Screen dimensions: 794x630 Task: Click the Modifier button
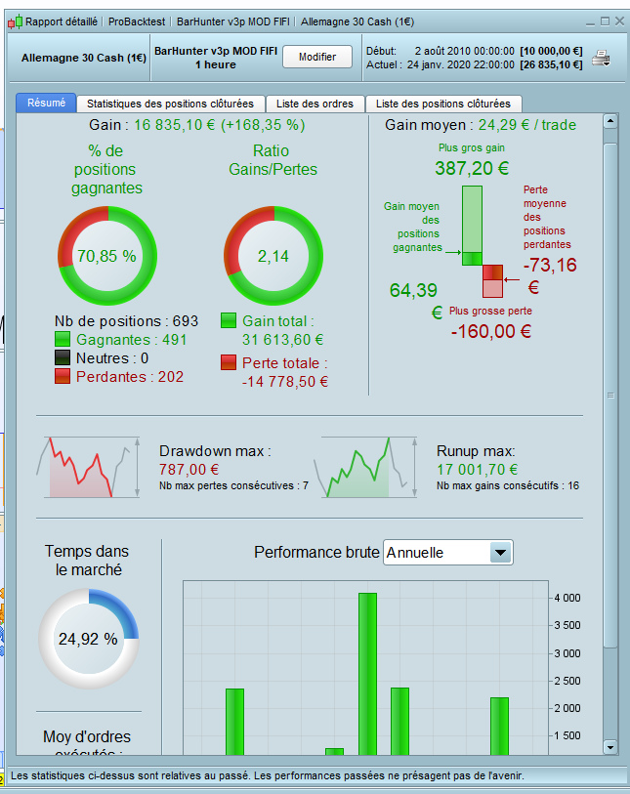coord(317,57)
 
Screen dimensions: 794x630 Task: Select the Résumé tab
coord(47,104)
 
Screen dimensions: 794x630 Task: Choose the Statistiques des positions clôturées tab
coord(170,104)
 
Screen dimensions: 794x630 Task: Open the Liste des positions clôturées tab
coord(443,104)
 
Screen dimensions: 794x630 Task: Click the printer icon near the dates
coord(601,58)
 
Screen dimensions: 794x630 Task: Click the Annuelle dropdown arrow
coord(500,553)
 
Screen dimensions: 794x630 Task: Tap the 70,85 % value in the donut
coord(106,256)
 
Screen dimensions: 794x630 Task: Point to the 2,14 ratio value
coord(274,256)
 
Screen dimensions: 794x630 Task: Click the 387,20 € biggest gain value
coord(472,168)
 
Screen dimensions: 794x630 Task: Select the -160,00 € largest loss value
coord(491,331)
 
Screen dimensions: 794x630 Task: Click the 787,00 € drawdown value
coord(188,469)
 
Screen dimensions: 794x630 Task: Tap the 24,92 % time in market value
coord(88,640)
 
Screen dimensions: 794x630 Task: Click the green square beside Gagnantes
coord(63,340)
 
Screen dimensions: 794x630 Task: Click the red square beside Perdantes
coord(63,376)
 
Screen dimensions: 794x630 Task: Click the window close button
coord(619,21)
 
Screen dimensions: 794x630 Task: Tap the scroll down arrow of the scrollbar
coord(610,747)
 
